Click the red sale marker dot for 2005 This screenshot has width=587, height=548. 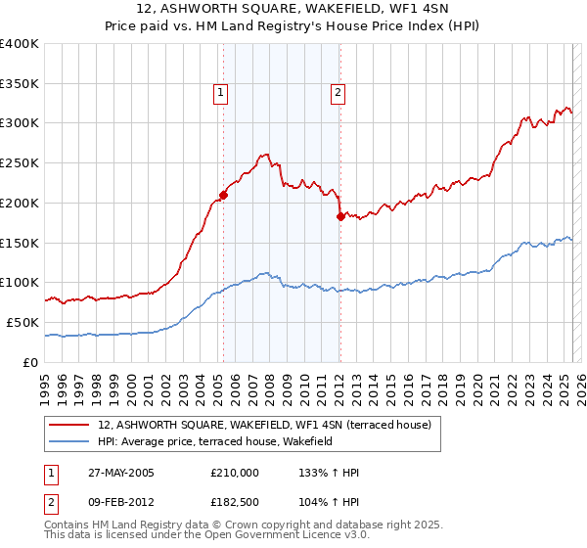coord(223,194)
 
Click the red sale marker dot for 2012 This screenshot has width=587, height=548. coord(339,216)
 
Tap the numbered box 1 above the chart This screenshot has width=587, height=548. coord(220,93)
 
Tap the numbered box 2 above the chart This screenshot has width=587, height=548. coord(338,93)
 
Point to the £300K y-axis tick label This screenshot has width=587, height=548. coord(20,123)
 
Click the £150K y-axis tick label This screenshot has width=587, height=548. coord(20,243)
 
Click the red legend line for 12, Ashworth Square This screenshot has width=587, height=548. coord(68,425)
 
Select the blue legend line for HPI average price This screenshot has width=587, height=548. coord(68,441)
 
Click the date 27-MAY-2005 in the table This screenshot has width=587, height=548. coord(116,473)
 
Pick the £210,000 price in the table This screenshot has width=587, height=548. coord(235,473)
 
